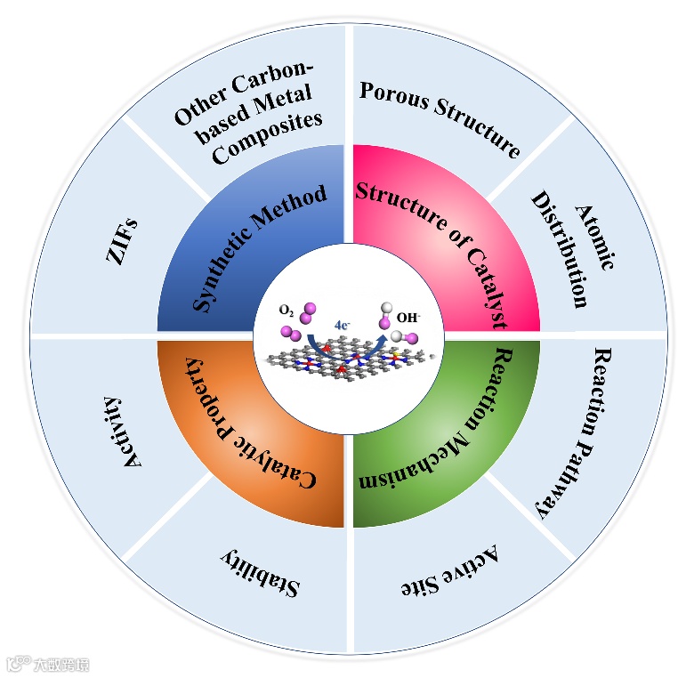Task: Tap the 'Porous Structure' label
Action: coord(439,117)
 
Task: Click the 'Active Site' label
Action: coord(445,571)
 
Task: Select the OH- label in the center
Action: coord(408,316)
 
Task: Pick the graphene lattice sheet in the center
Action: coord(347,366)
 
